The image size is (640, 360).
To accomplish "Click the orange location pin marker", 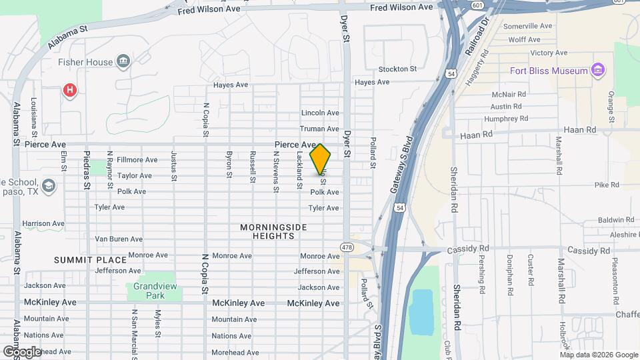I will point(320,159).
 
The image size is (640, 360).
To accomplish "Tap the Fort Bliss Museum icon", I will point(597,71).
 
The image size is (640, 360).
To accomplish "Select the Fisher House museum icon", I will point(123,63).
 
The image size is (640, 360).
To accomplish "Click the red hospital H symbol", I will point(69,90).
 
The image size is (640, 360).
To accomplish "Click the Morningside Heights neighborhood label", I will point(273,232).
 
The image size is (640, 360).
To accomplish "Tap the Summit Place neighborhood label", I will point(90,259).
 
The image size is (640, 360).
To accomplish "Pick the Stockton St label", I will point(397,69).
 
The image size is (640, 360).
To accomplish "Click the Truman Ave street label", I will point(320,129).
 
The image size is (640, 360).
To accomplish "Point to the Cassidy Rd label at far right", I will point(588,251).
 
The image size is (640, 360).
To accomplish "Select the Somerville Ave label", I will point(528,26).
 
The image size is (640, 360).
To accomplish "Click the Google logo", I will point(22,351).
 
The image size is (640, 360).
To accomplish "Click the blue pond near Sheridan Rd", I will point(421,311).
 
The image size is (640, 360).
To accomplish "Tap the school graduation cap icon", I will point(48,185).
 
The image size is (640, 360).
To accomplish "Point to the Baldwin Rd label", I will point(616,219).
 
